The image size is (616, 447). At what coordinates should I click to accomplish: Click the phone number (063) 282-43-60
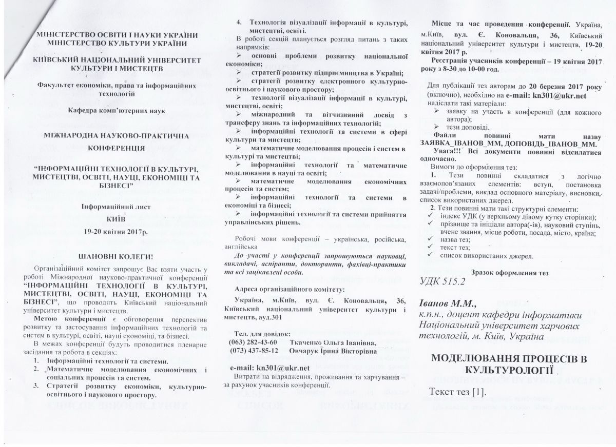click(x=254, y=342)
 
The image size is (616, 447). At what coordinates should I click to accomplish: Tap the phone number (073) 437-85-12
click(x=254, y=351)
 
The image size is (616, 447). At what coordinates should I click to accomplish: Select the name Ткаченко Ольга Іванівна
click(x=332, y=342)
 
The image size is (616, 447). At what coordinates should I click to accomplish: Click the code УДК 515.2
click(x=446, y=281)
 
